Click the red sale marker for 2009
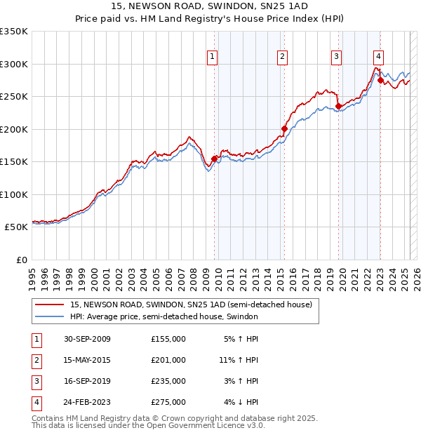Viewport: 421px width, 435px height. pos(214,159)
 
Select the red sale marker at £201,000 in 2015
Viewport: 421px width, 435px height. pos(284,129)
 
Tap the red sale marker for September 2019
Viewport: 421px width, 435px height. pos(338,107)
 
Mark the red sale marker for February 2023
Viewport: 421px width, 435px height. pos(380,81)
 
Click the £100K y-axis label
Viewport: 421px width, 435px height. pos(14,194)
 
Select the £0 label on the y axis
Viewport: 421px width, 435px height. pos(21,260)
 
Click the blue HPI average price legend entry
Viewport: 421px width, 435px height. pos(164,316)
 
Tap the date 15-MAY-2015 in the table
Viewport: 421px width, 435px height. pos(87,360)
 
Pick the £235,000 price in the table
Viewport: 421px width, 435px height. pos(168,381)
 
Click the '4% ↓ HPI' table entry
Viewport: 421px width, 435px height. pos(243,402)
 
